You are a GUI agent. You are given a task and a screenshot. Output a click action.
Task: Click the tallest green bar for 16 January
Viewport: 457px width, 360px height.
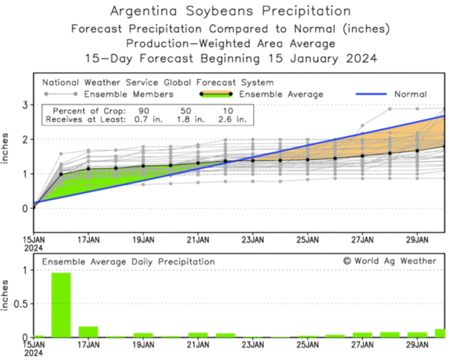(61, 305)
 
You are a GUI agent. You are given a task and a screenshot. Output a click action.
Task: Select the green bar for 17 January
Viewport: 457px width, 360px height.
(88, 332)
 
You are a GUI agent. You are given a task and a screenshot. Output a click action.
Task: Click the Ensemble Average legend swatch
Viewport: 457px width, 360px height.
(215, 94)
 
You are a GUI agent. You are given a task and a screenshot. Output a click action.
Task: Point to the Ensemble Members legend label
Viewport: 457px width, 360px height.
(129, 94)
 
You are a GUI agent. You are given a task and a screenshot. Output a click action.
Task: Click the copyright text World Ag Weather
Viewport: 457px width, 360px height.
(389, 261)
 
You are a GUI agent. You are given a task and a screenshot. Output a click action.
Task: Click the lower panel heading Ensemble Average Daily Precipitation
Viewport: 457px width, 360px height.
(128, 262)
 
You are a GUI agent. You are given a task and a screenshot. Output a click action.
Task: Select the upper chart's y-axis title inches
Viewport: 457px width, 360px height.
(6, 148)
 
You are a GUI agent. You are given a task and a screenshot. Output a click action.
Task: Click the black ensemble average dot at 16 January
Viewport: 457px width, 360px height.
(61, 174)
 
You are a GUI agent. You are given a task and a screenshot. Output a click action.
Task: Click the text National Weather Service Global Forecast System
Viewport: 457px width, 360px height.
(158, 82)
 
